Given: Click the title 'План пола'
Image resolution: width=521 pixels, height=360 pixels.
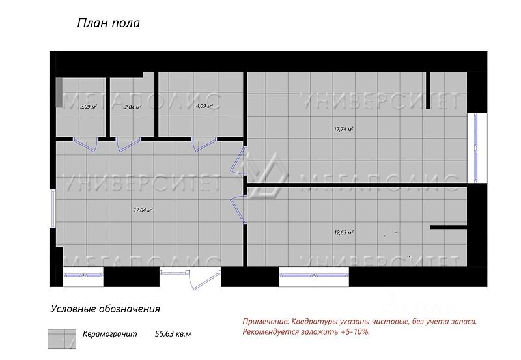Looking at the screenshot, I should tap(109, 24).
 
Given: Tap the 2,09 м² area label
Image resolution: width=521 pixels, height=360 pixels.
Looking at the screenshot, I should tap(89, 106).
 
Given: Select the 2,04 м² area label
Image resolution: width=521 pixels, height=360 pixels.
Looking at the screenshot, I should tap(133, 107).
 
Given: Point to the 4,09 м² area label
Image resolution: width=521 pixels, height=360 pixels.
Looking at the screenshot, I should tap(204, 105).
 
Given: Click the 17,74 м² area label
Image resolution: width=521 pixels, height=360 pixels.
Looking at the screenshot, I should tap(343, 129).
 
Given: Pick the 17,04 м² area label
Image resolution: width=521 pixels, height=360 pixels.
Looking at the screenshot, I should tap(143, 210).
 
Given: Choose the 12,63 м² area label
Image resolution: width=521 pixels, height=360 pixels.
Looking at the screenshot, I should tap(343, 232).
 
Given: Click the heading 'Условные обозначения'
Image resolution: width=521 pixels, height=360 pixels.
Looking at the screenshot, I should tap(105, 309).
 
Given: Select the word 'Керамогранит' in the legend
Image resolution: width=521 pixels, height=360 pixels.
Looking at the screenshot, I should tap(110, 334).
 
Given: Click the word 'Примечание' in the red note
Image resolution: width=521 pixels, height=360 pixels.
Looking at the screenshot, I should tap(266, 321).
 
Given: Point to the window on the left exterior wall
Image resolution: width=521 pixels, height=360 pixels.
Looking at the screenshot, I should tap(53, 208).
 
